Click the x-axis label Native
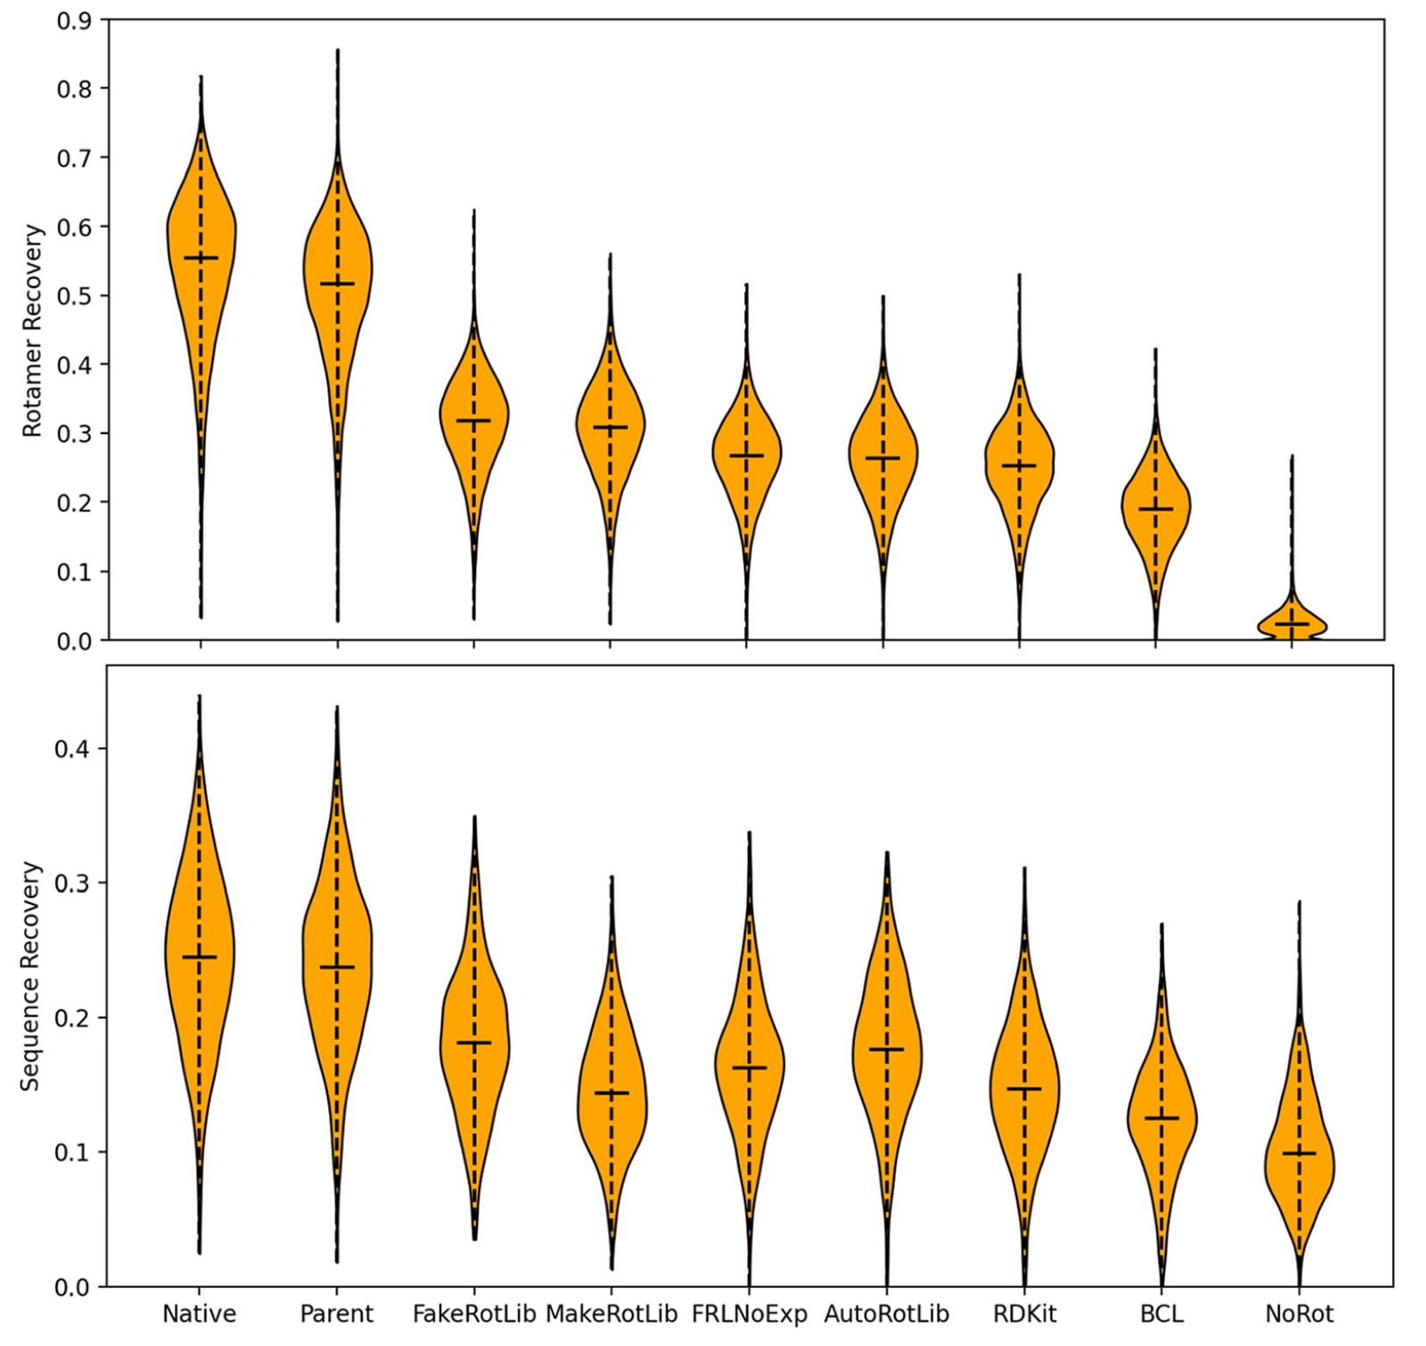[199, 1314]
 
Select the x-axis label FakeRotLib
[474, 1314]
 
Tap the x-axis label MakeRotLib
[611, 1314]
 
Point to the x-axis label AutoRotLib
[887, 1314]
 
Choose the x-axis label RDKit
[1024, 1314]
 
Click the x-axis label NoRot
[1299, 1314]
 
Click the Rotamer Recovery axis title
[32, 330]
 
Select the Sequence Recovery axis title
[30, 975]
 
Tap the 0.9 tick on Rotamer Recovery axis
[75, 20]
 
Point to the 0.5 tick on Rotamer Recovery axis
[75, 296]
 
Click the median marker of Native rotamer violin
[201, 259]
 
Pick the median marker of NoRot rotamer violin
[1292, 624]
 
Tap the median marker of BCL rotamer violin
[1156, 509]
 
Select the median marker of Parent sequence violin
[337, 967]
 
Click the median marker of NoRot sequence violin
[1299, 1153]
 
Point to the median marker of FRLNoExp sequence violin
[750, 1068]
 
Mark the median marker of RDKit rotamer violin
[1020, 465]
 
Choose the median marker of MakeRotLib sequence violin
[611, 1093]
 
